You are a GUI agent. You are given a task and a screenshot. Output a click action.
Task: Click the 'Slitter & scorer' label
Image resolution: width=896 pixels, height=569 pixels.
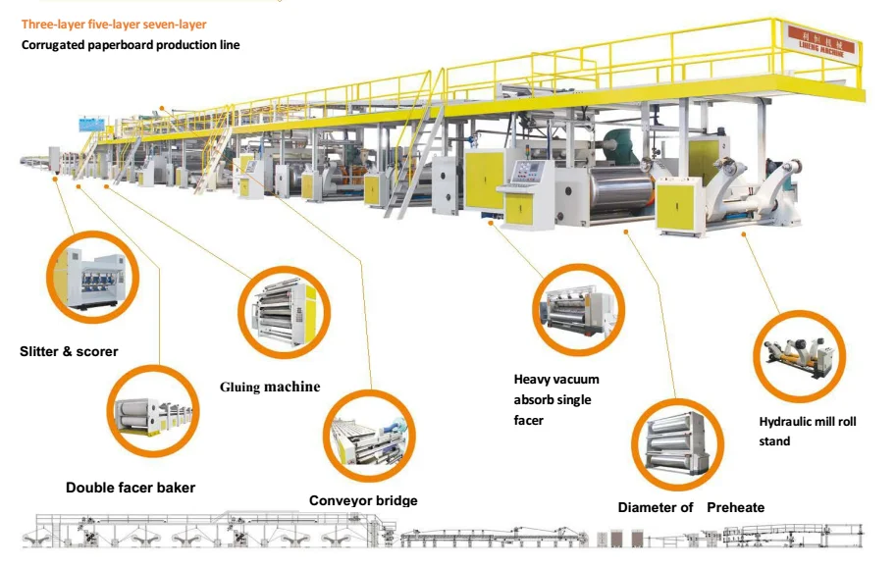coord(69,351)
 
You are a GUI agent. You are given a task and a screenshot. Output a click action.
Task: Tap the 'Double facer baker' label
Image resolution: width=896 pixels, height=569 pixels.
coord(131,488)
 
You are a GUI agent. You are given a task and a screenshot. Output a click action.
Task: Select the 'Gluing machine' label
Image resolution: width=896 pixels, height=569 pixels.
coord(270,387)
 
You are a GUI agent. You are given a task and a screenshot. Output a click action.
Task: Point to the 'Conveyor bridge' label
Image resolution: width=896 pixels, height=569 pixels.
coord(363,501)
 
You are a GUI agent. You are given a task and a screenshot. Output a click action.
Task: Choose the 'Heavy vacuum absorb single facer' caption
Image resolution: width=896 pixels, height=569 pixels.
coord(556,399)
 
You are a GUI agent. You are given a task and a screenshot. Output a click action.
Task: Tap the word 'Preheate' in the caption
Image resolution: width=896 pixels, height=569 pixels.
coord(735,507)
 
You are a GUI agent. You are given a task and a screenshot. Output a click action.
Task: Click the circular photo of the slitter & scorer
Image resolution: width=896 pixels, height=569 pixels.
coord(91,277)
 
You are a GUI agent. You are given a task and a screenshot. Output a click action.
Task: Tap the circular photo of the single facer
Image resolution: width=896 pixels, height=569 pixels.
coord(578,311)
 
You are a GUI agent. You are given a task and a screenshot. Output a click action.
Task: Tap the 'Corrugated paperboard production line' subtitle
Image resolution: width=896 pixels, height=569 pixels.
coord(131,45)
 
